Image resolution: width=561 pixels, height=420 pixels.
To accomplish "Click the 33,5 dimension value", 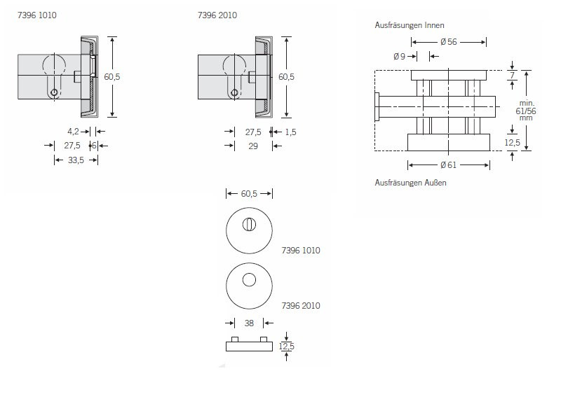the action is click(76, 160).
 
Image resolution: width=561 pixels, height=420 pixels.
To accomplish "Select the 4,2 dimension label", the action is click(73, 132).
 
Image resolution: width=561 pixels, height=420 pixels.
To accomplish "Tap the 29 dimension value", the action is click(253, 146).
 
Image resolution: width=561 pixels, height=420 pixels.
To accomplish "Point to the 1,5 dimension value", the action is click(290, 132).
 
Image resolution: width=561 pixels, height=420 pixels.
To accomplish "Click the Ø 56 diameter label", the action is click(449, 42).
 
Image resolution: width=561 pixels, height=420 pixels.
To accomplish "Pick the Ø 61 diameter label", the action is click(449, 165).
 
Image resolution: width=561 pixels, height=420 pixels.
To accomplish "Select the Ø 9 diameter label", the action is click(399, 57).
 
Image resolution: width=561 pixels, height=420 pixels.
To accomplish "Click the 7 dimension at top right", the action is click(513, 76).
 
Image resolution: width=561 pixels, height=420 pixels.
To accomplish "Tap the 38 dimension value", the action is click(249, 323).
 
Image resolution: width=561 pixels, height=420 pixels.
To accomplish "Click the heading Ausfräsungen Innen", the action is click(410, 25).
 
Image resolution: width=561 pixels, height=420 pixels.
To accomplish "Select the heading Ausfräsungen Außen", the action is click(411, 183).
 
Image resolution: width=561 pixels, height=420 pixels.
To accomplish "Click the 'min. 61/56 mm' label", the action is click(526, 111).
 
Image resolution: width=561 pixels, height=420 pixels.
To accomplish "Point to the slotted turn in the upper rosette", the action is click(249, 225).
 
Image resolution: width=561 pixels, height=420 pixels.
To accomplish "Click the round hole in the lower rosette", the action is click(249, 280).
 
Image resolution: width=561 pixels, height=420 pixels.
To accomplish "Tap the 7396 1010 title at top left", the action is click(37, 15).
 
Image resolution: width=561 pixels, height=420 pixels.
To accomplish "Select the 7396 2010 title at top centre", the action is click(217, 15).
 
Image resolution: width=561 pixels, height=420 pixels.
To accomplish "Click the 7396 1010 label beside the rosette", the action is click(301, 251).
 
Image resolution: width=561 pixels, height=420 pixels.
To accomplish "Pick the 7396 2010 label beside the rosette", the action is click(301, 306).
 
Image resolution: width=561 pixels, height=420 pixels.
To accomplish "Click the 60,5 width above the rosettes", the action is click(249, 194).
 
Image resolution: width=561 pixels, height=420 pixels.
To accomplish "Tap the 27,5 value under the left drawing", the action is click(72, 146).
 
